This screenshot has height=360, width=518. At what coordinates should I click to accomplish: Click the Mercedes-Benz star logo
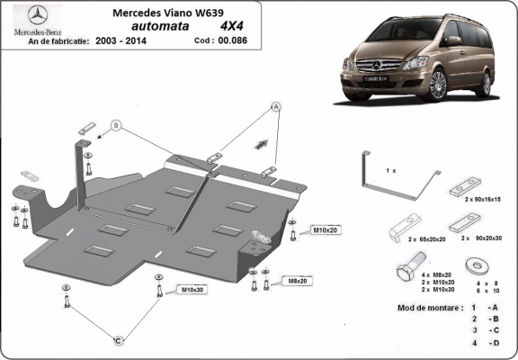tap(35, 15)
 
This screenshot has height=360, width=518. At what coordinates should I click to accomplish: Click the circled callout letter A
tap(277, 106)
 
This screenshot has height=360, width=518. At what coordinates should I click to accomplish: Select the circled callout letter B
tap(116, 125)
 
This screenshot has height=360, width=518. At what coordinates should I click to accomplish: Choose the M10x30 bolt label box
tap(192, 290)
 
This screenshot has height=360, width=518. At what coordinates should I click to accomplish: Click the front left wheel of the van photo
tap(438, 88)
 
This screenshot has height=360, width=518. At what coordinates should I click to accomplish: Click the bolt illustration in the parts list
tap(403, 268)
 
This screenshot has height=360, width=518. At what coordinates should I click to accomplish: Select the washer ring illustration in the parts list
tap(474, 266)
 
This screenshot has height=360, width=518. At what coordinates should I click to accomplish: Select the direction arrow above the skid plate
tap(263, 142)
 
